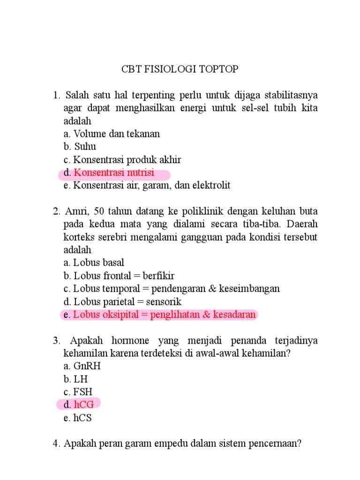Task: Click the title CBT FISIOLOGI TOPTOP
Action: [x=180, y=69]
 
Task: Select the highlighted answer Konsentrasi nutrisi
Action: [x=114, y=172]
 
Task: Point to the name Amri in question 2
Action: [x=76, y=211]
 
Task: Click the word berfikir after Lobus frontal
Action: [x=159, y=276]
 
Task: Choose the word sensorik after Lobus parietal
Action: [x=164, y=302]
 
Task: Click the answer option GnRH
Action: [x=87, y=366]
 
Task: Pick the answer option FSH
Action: [x=83, y=392]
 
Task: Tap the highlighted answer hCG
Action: [x=84, y=405]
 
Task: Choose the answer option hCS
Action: [x=82, y=418]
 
